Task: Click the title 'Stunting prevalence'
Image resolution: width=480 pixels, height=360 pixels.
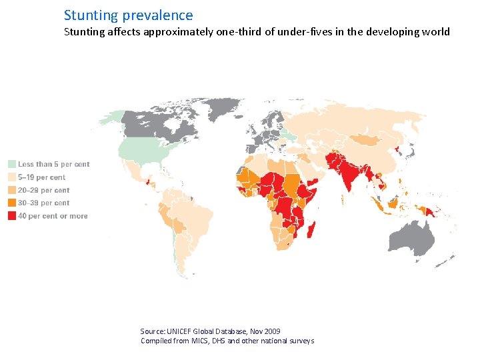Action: pos(128,15)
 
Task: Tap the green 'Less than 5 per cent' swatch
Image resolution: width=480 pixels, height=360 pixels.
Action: pos(12,164)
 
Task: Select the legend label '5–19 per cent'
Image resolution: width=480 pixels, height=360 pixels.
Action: pos(41,177)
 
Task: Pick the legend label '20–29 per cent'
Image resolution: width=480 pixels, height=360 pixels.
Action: pos(43,190)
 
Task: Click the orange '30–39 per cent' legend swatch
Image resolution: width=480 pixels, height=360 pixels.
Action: pos(12,203)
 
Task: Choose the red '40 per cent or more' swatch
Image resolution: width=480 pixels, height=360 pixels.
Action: pos(12,215)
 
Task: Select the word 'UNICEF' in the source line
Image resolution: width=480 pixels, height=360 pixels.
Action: pos(179,331)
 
